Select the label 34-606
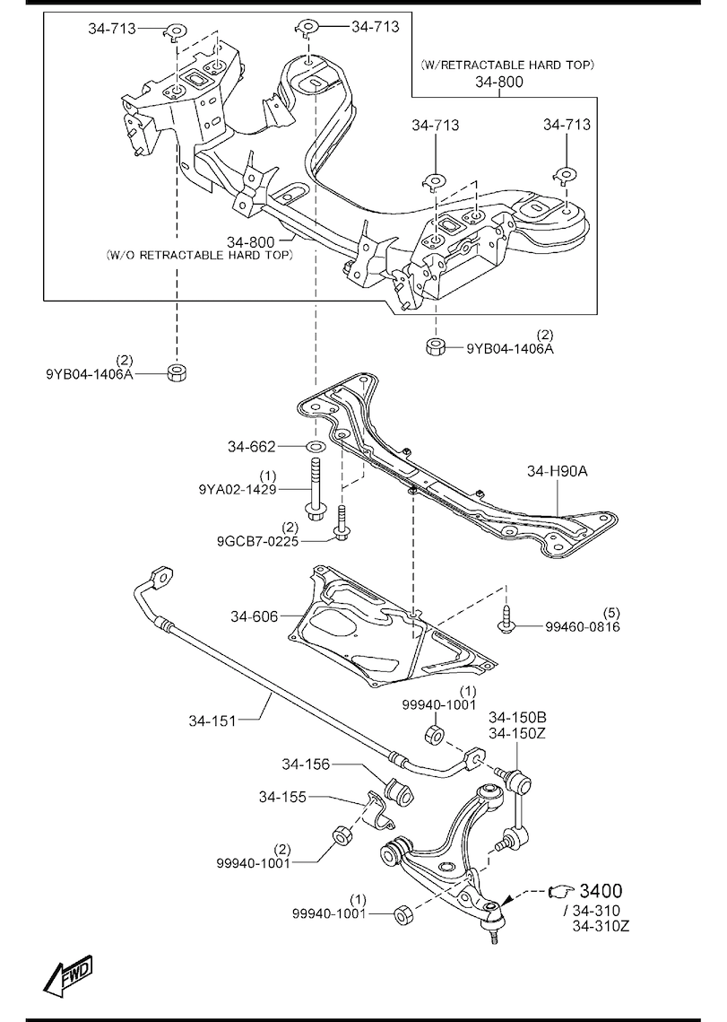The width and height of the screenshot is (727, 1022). pyautogui.click(x=254, y=616)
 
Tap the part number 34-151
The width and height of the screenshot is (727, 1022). pyautogui.click(x=212, y=719)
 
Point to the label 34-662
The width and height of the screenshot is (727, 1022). pyautogui.click(x=251, y=446)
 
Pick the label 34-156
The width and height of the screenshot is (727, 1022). pyautogui.click(x=306, y=764)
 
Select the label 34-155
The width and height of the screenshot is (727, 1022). pyautogui.click(x=283, y=797)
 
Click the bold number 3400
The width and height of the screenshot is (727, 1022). pyautogui.click(x=601, y=891)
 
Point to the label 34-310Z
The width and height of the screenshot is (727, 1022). pyautogui.click(x=602, y=927)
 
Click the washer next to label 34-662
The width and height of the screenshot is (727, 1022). pyautogui.click(x=314, y=446)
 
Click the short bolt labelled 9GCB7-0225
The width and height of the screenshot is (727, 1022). pyautogui.click(x=342, y=526)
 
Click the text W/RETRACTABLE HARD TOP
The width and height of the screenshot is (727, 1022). pyautogui.click(x=507, y=65)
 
